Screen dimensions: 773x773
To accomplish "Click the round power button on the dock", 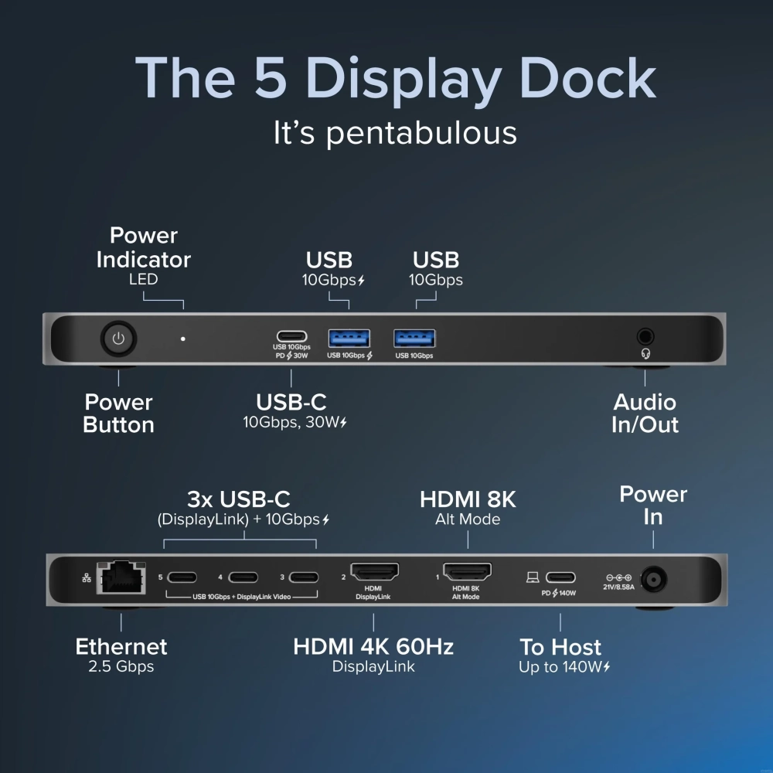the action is (x=118, y=339).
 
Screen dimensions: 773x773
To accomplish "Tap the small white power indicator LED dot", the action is (x=183, y=339).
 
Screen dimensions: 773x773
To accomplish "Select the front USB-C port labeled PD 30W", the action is (x=292, y=336).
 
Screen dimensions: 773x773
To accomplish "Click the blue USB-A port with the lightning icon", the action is (x=349, y=339).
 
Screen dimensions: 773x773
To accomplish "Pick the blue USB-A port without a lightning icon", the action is (x=414, y=339).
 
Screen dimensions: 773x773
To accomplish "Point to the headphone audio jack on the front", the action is (x=645, y=337).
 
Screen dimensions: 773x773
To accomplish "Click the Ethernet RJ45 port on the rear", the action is (x=121, y=577).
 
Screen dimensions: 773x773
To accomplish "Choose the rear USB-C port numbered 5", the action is (x=182, y=577).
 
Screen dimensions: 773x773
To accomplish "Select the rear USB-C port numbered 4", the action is (x=243, y=577).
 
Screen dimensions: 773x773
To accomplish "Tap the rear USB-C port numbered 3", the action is (x=304, y=577).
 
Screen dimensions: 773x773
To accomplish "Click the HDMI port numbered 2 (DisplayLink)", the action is (x=374, y=572).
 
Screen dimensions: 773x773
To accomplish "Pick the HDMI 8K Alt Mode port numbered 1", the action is (x=467, y=572).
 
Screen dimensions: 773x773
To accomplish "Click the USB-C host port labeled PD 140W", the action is (x=560, y=577).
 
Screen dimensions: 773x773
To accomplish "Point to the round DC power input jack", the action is (x=654, y=579).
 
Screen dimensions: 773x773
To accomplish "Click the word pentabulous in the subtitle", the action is (x=421, y=134).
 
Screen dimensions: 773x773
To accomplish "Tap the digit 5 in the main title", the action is (x=271, y=77).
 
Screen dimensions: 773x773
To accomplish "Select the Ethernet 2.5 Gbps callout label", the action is (x=121, y=655).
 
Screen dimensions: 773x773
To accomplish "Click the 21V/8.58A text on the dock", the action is (x=618, y=587).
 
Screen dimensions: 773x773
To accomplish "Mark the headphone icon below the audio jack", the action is (x=645, y=353).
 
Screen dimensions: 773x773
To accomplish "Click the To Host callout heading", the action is (x=560, y=647).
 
